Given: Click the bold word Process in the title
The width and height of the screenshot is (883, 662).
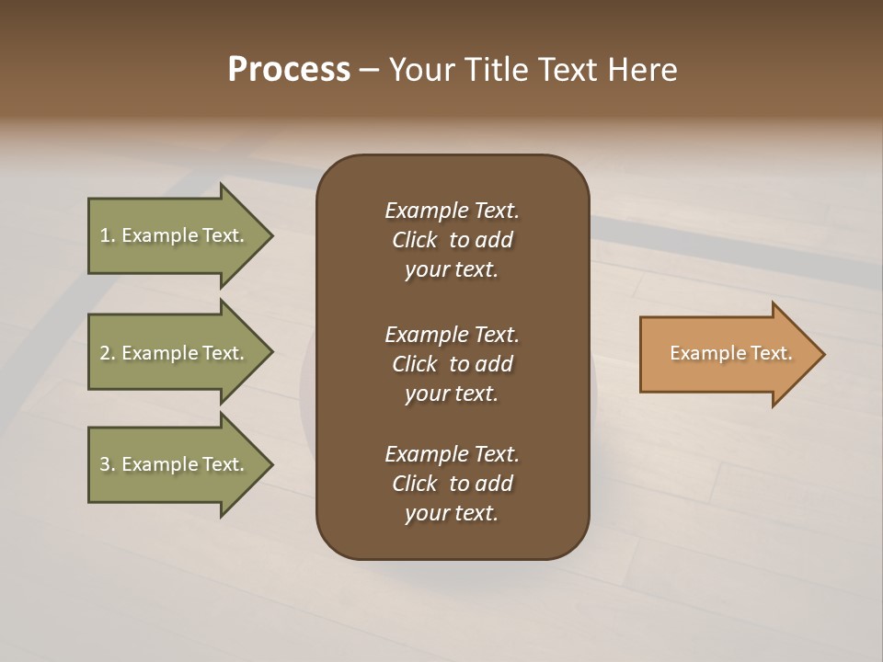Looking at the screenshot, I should click(289, 70).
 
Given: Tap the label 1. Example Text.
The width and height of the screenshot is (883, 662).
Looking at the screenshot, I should click(172, 235).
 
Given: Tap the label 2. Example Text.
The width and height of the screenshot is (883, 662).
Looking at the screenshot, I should click(172, 353).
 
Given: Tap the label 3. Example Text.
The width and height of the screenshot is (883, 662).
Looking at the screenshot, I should click(172, 464).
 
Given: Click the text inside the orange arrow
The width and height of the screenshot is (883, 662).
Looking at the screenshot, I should click(731, 353).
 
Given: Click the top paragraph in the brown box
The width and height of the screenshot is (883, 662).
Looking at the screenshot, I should click(452, 240).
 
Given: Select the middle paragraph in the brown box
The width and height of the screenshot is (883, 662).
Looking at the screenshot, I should click(452, 364).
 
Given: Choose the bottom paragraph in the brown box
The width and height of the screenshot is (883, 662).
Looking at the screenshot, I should click(452, 484).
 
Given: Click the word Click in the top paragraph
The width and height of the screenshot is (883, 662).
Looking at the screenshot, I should click(415, 241).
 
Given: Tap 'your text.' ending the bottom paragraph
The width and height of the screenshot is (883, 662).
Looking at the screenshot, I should click(452, 514).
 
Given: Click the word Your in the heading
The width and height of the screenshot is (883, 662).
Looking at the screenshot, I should click(422, 70).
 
